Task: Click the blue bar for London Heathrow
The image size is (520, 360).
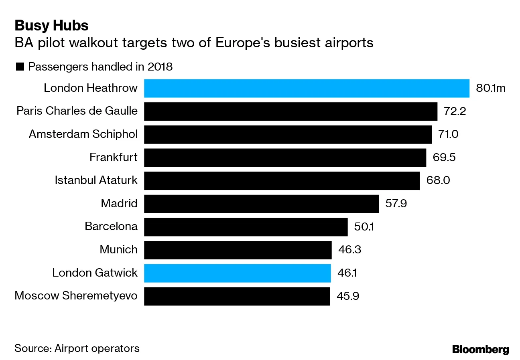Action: click(307, 88)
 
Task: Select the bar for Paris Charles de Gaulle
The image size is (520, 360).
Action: click(290, 111)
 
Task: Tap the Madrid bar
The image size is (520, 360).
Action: click(261, 204)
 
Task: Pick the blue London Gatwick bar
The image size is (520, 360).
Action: click(237, 273)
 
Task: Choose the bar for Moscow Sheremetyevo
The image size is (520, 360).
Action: click(237, 296)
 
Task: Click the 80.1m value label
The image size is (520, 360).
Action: click(490, 88)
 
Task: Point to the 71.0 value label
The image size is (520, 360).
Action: click(448, 134)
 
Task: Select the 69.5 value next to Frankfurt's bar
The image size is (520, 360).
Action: click(444, 157)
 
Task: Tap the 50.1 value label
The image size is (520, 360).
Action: click(364, 227)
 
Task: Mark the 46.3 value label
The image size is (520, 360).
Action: click(349, 250)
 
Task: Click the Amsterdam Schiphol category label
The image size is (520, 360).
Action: click(83, 134)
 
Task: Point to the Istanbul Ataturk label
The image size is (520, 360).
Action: click(96, 180)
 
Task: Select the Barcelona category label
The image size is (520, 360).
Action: click(111, 227)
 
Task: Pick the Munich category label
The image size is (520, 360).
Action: click(118, 250)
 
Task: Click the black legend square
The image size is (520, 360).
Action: click(20, 67)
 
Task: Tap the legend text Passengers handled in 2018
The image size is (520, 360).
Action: click(100, 67)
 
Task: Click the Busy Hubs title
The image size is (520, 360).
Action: click(51, 26)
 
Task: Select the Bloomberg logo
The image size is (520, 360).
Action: click(480, 349)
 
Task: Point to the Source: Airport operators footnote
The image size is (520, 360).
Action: click(77, 348)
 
